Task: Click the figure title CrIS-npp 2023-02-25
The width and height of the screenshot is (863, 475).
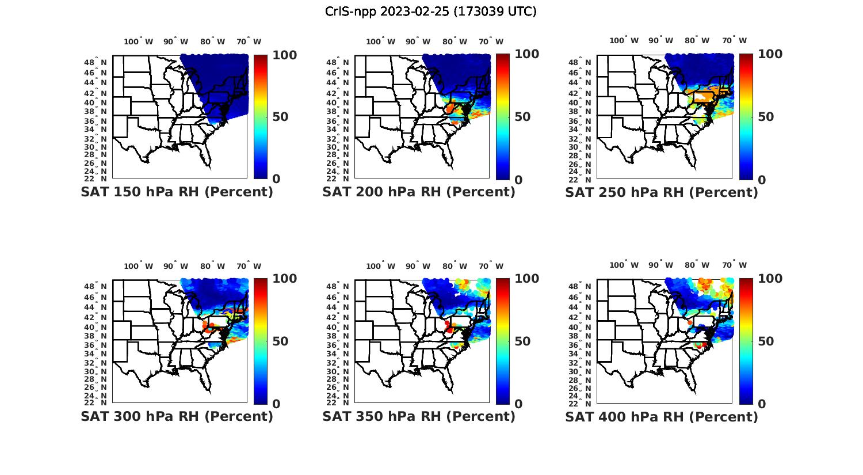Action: click(x=431, y=11)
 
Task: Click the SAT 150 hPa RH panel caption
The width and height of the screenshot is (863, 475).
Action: click(x=177, y=192)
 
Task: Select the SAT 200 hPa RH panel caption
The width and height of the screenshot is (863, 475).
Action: click(x=419, y=192)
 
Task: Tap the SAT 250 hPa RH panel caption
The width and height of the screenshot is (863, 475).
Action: click(x=662, y=192)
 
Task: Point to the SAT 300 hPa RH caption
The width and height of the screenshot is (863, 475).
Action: click(x=177, y=416)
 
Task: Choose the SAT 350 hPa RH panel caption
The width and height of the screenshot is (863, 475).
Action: click(x=419, y=416)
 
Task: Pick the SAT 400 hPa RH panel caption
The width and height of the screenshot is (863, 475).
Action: click(x=662, y=416)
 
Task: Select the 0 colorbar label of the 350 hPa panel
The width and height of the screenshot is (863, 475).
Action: click(x=518, y=404)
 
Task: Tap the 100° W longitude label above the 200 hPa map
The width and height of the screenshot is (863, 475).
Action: click(x=380, y=41)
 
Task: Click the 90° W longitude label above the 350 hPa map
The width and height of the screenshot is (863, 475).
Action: click(x=418, y=266)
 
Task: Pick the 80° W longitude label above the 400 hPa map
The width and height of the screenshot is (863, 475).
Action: click(x=697, y=265)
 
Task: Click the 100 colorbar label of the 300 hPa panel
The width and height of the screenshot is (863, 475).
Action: click(x=284, y=279)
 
